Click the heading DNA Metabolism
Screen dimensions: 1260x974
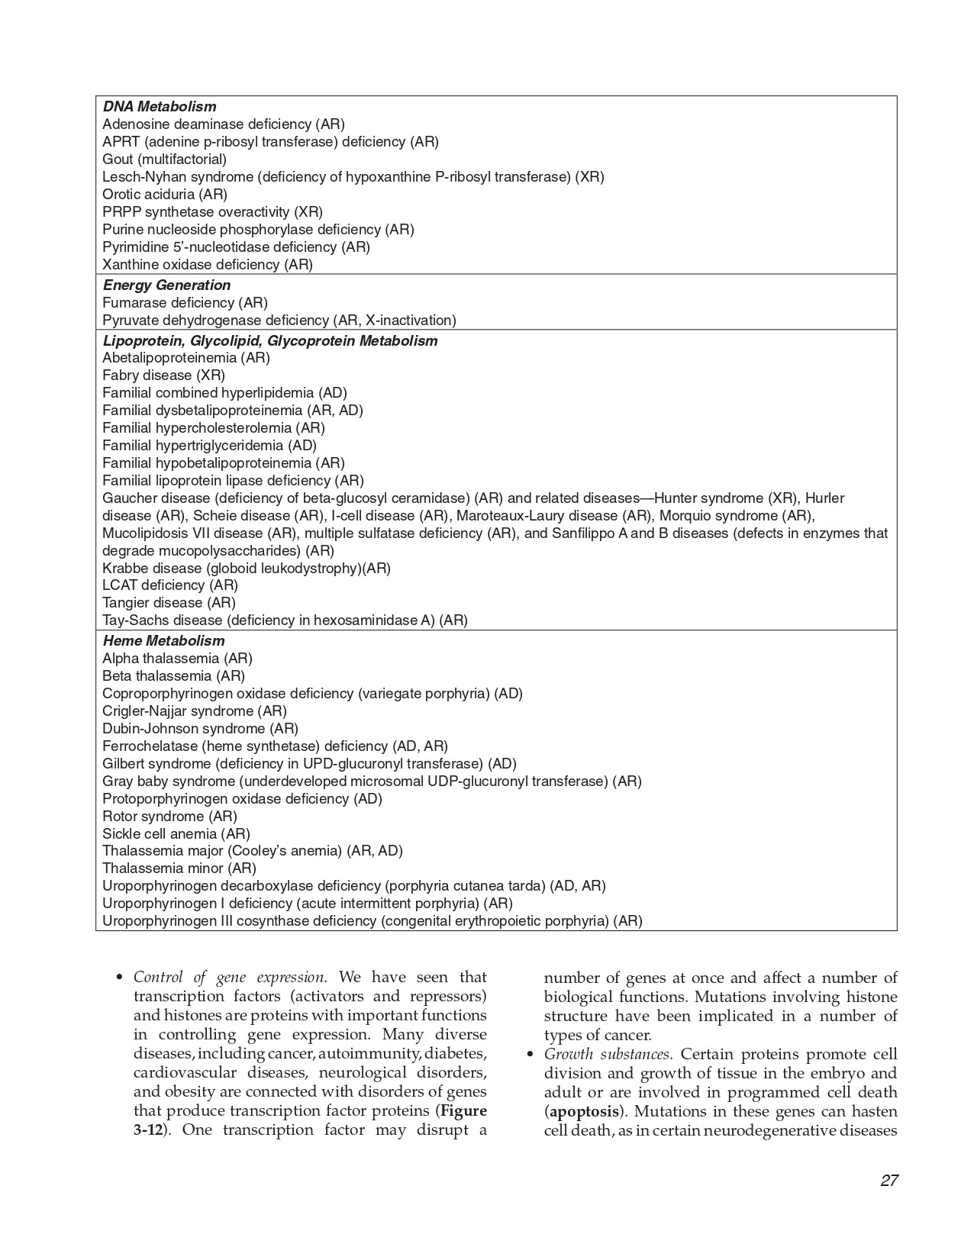[159, 107]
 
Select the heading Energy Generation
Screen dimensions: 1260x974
[166, 285]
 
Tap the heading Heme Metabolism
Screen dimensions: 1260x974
[163, 641]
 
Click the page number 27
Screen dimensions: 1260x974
[889, 1181]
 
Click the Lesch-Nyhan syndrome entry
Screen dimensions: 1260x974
[353, 177]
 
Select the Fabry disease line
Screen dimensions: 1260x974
[163, 375]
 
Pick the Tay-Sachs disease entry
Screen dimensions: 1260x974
[285, 620]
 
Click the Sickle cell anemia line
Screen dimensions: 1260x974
[176, 834]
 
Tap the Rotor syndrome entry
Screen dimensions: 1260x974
[169, 817]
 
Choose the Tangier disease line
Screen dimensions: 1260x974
[169, 603]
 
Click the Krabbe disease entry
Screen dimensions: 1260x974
[246, 569]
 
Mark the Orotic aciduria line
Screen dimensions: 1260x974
[165, 195]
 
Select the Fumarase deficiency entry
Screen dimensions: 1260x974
[185, 303]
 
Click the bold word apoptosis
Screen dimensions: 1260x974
[584, 1111]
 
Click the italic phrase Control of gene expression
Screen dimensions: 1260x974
[229, 978]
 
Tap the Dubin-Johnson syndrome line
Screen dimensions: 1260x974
[200, 729]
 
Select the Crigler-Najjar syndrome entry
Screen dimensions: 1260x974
[194, 711]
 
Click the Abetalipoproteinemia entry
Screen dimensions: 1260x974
[185, 358]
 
